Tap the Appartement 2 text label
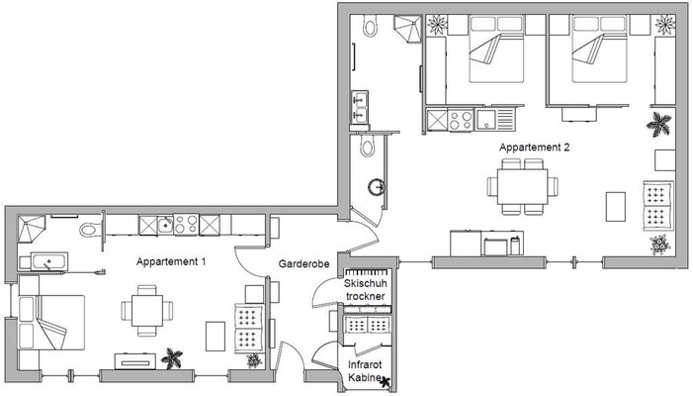click(535, 147)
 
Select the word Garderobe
click(303, 265)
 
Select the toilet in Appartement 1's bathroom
click(90, 229)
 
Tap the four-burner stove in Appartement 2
click(459, 120)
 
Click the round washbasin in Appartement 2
click(376, 185)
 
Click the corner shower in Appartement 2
click(407, 30)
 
